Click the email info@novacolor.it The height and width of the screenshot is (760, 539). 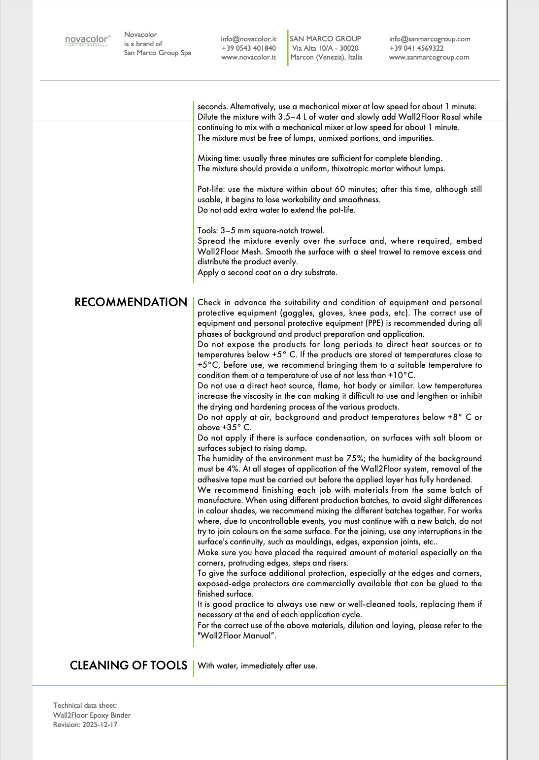coord(248,39)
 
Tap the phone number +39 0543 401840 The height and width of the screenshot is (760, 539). coord(248,48)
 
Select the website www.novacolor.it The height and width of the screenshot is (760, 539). coord(248,57)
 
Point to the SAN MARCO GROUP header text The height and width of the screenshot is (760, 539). coord(325,39)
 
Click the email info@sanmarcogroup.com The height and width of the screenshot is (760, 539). coord(430,39)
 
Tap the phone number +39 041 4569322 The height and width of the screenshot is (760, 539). coord(416,48)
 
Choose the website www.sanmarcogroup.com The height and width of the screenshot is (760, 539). coord(429,57)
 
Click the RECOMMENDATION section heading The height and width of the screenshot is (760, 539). coord(131,302)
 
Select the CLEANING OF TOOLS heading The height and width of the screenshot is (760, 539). coord(129,665)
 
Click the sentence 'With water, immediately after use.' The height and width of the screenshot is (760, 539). coord(257,666)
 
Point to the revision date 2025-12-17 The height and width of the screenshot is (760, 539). coord(100,725)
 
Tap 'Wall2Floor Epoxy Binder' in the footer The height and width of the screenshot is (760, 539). coord(92,715)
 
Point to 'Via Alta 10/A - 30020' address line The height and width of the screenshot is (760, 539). coord(325,48)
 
